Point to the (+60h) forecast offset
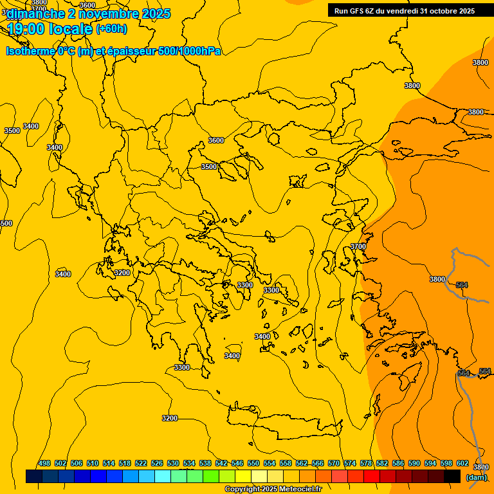coord(111,29)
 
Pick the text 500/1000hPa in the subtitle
coord(189,51)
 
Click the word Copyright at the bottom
coord(242,489)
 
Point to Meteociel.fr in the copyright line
coord(300,489)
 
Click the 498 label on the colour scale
coord(44,463)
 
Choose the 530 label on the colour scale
coord(173,463)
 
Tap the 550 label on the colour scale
coord(253,463)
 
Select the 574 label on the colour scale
coord(350,463)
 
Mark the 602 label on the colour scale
coord(462,463)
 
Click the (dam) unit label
coord(476,477)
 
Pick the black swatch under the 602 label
coord(452,476)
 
